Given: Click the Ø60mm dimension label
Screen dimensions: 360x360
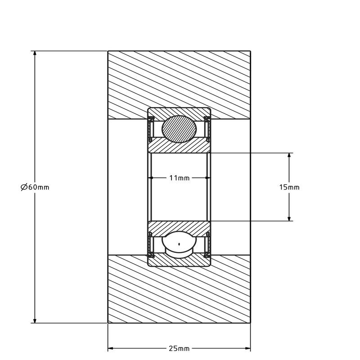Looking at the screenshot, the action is (x=35, y=187).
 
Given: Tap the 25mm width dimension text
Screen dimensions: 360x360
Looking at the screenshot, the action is (x=179, y=348).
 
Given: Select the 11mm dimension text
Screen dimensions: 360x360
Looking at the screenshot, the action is (x=179, y=178).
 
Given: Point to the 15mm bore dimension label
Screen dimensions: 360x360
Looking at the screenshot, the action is (x=289, y=187).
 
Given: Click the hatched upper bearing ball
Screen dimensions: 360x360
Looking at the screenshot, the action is (x=179, y=129).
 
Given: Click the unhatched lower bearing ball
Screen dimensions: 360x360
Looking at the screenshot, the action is (x=179, y=245).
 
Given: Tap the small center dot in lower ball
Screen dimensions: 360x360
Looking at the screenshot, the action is (x=179, y=244).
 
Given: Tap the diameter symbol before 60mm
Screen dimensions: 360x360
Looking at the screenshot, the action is (x=24, y=187).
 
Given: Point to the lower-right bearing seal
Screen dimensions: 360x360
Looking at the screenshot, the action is (x=207, y=246).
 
